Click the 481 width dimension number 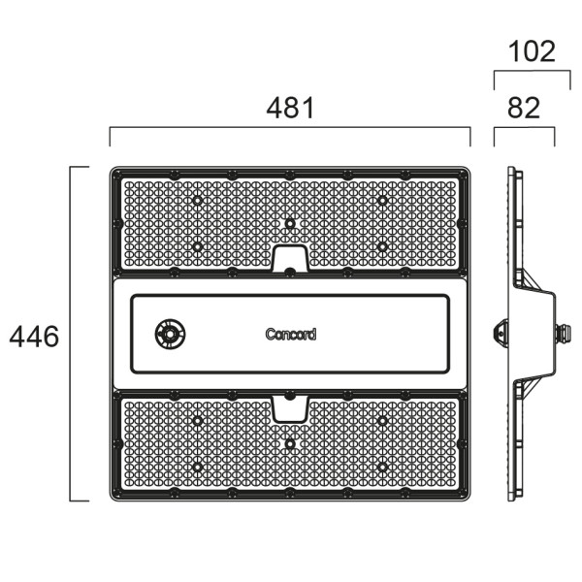coord(290,108)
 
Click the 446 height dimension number coord(34,337)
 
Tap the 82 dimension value coord(524,108)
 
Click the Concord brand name coord(290,335)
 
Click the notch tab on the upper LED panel coord(289,259)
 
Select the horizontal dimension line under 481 coord(290,127)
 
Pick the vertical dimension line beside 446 coord(71,334)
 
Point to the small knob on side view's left coord(501,332)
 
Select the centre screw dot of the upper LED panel coord(289,223)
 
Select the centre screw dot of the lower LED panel coord(289,443)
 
